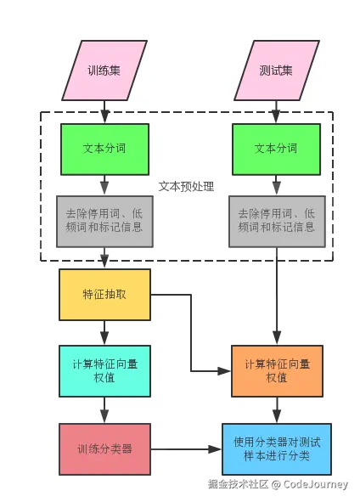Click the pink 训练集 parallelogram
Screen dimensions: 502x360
pos(104,70)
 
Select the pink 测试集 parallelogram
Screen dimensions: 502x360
pos(276,70)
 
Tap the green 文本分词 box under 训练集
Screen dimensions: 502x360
pos(104,149)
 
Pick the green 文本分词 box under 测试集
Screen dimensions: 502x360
pos(276,149)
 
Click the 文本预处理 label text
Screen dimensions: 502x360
pos(186,186)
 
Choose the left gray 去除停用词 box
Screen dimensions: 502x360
pos(104,221)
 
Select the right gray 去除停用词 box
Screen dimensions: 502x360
pos(276,221)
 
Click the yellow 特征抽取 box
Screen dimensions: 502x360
pos(104,295)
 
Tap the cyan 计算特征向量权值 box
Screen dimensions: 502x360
pos(104,370)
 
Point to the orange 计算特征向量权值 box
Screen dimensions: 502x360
pos(277,370)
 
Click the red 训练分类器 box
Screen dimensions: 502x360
pos(104,448)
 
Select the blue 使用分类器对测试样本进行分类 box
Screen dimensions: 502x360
pos(277,448)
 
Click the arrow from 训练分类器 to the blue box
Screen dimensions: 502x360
pos(187,448)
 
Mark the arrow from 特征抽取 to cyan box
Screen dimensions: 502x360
pos(104,332)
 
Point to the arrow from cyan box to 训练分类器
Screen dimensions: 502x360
pos(104,409)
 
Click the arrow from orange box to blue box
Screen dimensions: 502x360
pos(277,409)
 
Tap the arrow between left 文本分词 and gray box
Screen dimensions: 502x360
pos(104,184)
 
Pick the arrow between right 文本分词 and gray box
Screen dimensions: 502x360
pos(276,184)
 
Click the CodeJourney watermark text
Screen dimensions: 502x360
pos(315,484)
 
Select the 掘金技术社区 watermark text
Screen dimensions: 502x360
pos(239,484)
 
